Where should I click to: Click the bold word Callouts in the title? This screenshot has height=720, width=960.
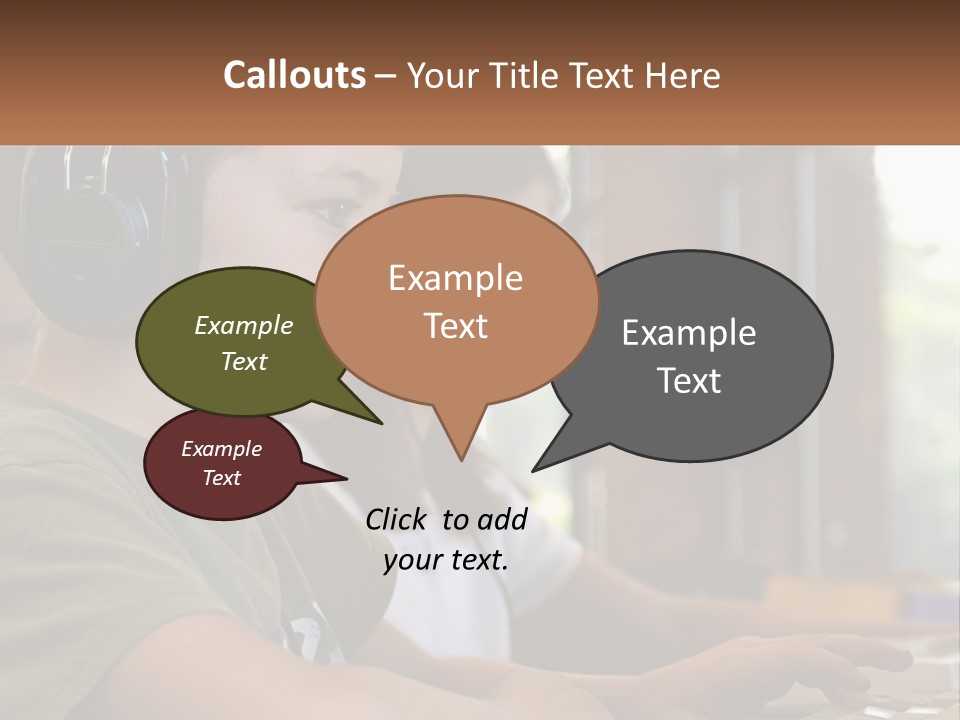[x=294, y=75]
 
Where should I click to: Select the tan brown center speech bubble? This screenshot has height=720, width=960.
[x=456, y=301]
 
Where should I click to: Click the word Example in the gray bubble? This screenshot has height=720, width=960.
[x=689, y=333]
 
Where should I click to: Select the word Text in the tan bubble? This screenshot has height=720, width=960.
[x=456, y=326]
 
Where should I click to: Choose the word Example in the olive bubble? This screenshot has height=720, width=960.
[x=244, y=326]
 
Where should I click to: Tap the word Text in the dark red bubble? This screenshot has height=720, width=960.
[x=222, y=478]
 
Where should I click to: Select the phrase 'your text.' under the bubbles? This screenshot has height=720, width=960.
[x=446, y=560]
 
